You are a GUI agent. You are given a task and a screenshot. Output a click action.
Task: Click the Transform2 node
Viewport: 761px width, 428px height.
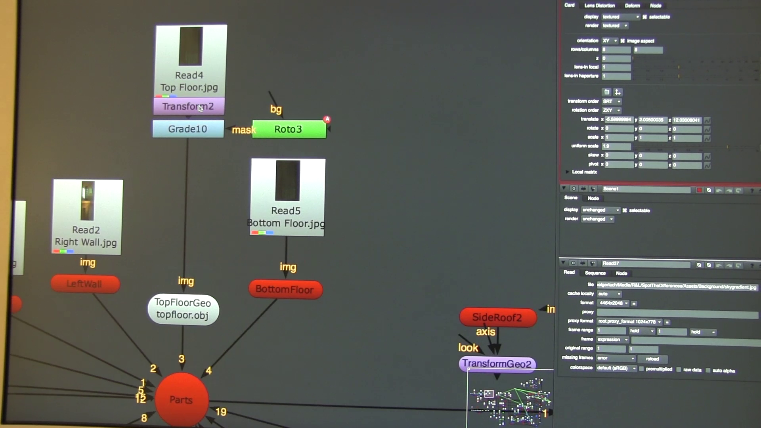point(189,106)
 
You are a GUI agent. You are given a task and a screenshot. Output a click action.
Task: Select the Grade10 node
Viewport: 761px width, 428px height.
point(188,129)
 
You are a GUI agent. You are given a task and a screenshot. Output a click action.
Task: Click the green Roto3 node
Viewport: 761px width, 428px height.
point(289,129)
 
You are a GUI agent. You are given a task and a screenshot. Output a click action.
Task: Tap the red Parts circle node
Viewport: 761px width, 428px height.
point(182,399)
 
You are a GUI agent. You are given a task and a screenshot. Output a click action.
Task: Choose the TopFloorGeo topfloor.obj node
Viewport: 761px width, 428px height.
point(183,309)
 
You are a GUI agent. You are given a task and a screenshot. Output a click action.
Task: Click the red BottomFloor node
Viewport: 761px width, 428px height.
point(285,289)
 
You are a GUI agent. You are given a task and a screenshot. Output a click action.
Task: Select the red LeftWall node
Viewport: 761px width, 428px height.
point(85,284)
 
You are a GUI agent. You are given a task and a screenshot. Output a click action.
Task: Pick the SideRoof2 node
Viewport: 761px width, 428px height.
point(497,317)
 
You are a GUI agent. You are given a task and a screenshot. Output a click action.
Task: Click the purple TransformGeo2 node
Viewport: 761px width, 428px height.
point(497,364)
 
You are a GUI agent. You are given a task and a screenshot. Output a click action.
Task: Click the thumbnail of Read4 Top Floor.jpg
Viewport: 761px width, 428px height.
point(191,46)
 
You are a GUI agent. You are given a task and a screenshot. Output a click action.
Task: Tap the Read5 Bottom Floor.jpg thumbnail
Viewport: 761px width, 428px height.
point(288,180)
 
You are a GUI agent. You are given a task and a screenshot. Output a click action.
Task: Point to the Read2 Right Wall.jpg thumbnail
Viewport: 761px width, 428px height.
point(88,201)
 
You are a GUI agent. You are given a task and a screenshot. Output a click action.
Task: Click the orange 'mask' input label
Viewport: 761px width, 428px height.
point(243,130)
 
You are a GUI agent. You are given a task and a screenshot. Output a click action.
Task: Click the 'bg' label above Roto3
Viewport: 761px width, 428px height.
point(276,109)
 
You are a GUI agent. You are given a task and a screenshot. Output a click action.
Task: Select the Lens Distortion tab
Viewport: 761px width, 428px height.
point(599,6)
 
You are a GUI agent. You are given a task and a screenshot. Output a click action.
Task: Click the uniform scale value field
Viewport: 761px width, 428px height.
point(616,146)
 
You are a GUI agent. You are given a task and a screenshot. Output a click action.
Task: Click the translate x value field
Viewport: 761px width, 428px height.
point(619,120)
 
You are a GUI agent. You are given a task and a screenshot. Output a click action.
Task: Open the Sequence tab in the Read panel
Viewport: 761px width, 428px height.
point(595,273)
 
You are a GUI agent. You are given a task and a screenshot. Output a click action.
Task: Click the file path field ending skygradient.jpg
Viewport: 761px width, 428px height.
point(677,286)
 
